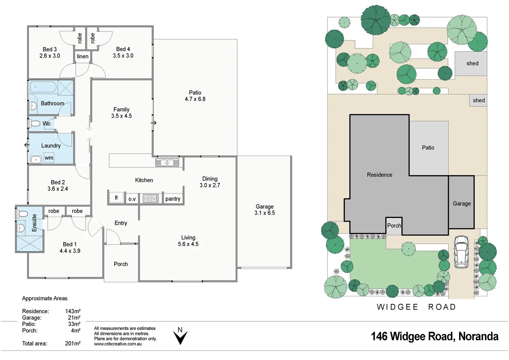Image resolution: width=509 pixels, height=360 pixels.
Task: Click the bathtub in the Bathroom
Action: tap(43, 87)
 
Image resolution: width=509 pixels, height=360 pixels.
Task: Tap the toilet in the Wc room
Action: tap(35, 123)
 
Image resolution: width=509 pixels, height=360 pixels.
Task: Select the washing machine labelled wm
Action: tap(49, 158)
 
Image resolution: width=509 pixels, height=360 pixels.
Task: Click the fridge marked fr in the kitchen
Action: tap(116, 198)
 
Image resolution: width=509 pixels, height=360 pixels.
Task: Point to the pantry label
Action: tap(173, 199)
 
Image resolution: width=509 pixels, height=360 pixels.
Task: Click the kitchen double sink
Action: tap(167, 163)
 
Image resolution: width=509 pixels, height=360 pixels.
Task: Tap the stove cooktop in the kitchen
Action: tap(151, 198)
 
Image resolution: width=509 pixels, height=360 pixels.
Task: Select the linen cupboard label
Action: tap(83, 56)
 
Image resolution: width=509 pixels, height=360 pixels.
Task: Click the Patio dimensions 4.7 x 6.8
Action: tap(195, 99)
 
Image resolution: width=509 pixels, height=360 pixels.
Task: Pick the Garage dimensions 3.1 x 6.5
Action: tap(264, 213)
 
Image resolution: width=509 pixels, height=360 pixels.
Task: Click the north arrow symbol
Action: tap(180, 337)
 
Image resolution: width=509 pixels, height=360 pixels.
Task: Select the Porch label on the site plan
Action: tap(394, 226)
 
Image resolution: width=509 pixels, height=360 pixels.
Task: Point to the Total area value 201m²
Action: tap(73, 343)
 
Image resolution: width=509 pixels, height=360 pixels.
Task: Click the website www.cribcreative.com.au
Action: tap(118, 344)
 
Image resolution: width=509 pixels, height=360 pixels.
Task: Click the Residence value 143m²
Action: tap(73, 311)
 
